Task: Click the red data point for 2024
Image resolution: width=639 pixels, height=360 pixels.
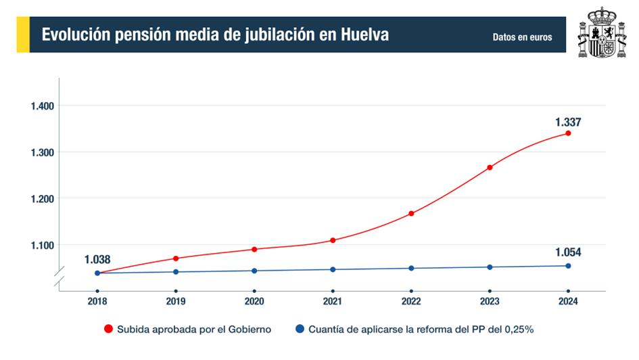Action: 568,133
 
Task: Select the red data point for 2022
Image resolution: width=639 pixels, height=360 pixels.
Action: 411,214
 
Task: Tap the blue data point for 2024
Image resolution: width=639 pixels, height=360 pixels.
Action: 568,266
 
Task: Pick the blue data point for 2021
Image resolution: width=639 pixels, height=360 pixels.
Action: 333,269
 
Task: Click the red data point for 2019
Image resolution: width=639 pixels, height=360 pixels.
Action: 176,258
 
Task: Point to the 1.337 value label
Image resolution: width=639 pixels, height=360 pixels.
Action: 568,122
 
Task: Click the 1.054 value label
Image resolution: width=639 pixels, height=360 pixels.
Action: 568,252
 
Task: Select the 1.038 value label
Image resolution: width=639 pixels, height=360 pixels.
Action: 97,259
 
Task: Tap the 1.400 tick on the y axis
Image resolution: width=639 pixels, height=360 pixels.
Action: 42,106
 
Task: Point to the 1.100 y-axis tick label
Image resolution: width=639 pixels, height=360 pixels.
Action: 42,245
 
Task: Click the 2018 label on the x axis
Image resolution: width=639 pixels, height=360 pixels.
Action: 97,302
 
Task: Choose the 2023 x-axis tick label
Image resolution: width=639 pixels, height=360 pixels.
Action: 490,302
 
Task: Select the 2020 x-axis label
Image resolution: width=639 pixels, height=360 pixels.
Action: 254,302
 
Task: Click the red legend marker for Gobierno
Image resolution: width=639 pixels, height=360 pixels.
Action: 108,330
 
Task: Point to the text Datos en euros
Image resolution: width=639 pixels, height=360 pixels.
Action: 522,37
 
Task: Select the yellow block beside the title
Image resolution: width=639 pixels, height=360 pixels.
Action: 22,35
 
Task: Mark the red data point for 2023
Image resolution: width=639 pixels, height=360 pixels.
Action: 490,167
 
